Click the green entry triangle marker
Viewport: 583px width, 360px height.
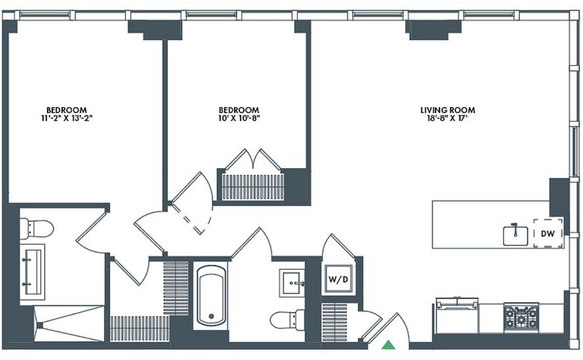(388, 345)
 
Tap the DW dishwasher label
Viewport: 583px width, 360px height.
(548, 234)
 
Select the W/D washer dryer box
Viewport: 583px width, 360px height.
(338, 279)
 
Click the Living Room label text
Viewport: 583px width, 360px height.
(447, 110)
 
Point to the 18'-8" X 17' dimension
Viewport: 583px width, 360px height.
(447, 118)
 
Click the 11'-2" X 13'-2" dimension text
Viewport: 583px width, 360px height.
(67, 118)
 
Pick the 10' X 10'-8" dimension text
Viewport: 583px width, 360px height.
(239, 118)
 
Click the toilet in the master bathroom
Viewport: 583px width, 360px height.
(36, 229)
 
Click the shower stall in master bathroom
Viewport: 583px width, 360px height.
(69, 323)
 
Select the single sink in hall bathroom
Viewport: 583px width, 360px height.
(292, 283)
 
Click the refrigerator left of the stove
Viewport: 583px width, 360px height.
(457, 316)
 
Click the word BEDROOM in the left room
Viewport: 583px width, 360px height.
(67, 110)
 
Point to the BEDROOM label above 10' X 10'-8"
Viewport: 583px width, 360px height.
(239, 110)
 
